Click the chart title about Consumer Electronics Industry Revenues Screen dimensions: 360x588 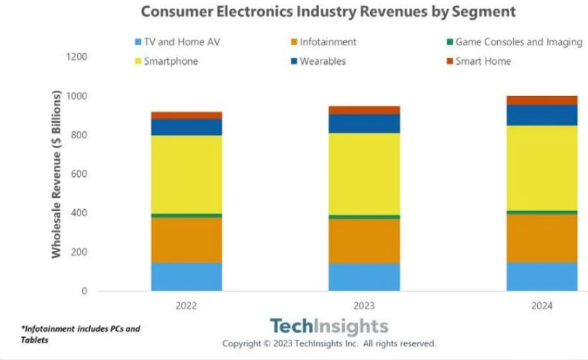coord(328,12)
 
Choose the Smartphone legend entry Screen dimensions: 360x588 coord(171,62)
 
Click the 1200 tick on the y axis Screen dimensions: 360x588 coord(76,57)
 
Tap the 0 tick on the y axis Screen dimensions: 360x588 coord(84,292)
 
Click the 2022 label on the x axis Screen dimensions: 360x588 coord(186,306)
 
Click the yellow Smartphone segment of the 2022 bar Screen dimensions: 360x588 coord(186,175)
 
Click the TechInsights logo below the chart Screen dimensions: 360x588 coord(329,326)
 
